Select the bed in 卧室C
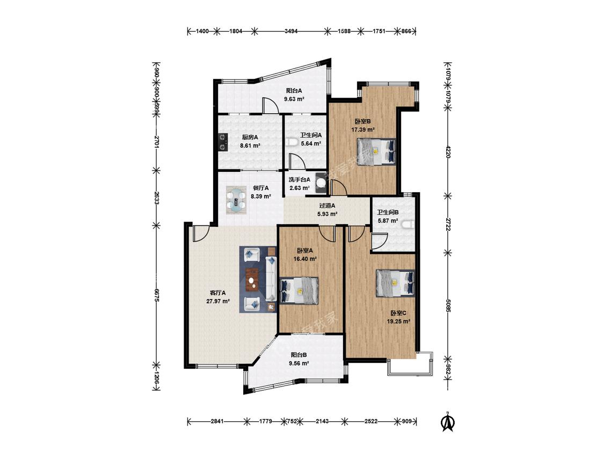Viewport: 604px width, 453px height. pos(396,283)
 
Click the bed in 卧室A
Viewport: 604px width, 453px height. pos(299,290)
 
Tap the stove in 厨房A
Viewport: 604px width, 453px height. pos(222,141)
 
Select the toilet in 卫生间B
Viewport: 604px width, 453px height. pos(407,224)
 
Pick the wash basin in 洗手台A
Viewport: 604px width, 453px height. pos(321,184)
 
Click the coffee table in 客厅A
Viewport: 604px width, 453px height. pos(252,278)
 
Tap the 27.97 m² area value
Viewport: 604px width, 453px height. pos(218,301)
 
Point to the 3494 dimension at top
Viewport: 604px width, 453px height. pos(291,31)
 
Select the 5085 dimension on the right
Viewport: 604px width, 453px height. pos(448,305)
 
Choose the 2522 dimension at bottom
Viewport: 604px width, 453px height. pos(370,421)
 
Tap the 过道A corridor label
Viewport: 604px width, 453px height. pos(328,206)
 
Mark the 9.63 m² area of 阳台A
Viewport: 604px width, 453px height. pos(294,99)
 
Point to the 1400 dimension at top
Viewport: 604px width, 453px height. pos(202,31)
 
